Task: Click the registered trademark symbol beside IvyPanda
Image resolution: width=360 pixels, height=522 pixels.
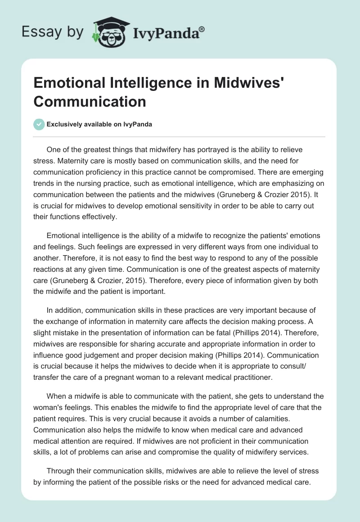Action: pyautogui.click(x=202, y=29)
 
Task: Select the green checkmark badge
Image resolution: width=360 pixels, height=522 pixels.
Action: pyautogui.click(x=39, y=124)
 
